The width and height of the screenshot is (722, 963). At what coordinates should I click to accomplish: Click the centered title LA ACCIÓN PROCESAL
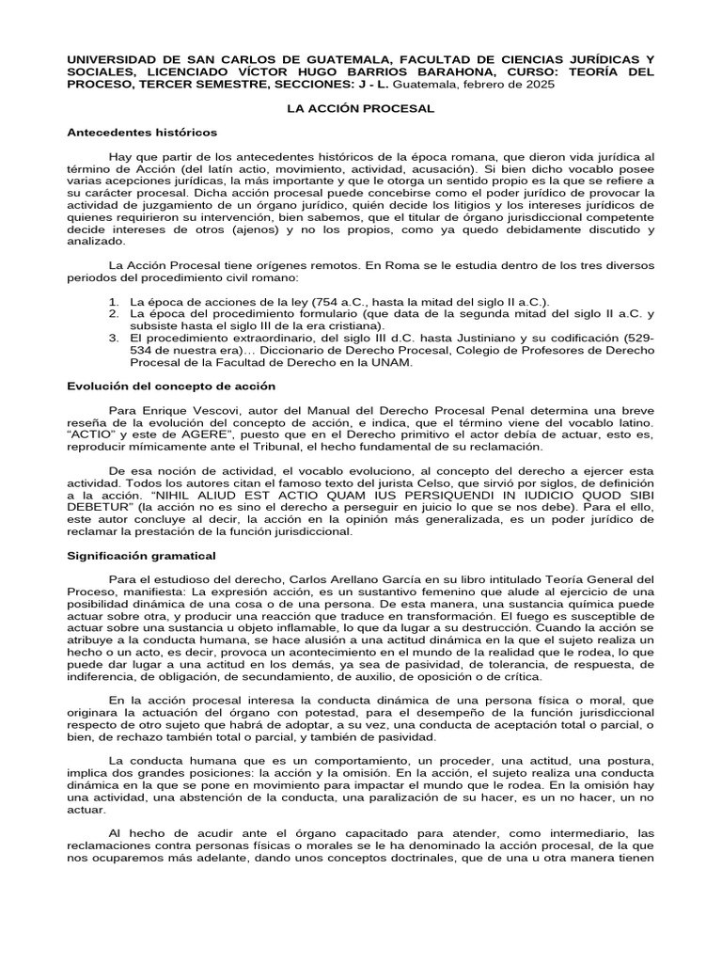click(x=361, y=109)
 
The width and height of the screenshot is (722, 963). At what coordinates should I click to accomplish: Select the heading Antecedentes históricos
click(x=142, y=133)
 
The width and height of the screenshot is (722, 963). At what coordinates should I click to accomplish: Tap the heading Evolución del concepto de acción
click(x=171, y=387)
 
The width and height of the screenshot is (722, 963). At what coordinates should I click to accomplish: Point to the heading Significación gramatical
click(x=142, y=556)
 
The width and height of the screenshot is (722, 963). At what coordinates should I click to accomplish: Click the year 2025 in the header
click(x=539, y=85)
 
